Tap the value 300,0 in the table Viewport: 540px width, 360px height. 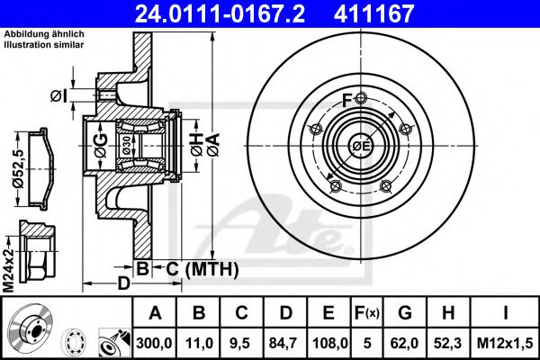[x=155, y=342]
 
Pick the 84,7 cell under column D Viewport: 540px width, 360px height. [x=286, y=342]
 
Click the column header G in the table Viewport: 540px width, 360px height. [x=405, y=313]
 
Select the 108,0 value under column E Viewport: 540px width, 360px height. [x=328, y=342]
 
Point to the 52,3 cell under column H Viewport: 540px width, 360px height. [x=447, y=342]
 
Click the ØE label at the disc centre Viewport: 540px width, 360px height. [x=361, y=146]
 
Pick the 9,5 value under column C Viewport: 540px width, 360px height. [x=242, y=342]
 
